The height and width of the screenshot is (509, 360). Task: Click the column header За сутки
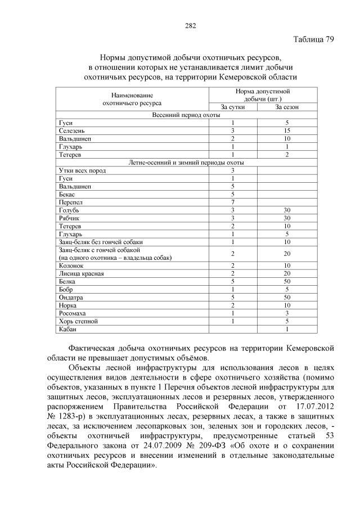pyautogui.click(x=232, y=107)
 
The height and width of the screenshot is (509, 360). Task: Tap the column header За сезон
pyautogui.click(x=286, y=107)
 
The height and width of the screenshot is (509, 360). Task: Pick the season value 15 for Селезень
pyautogui.click(x=286, y=130)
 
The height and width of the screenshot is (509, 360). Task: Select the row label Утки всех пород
pyautogui.click(x=82, y=170)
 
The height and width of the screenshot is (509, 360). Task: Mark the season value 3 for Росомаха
pyautogui.click(x=286, y=313)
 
